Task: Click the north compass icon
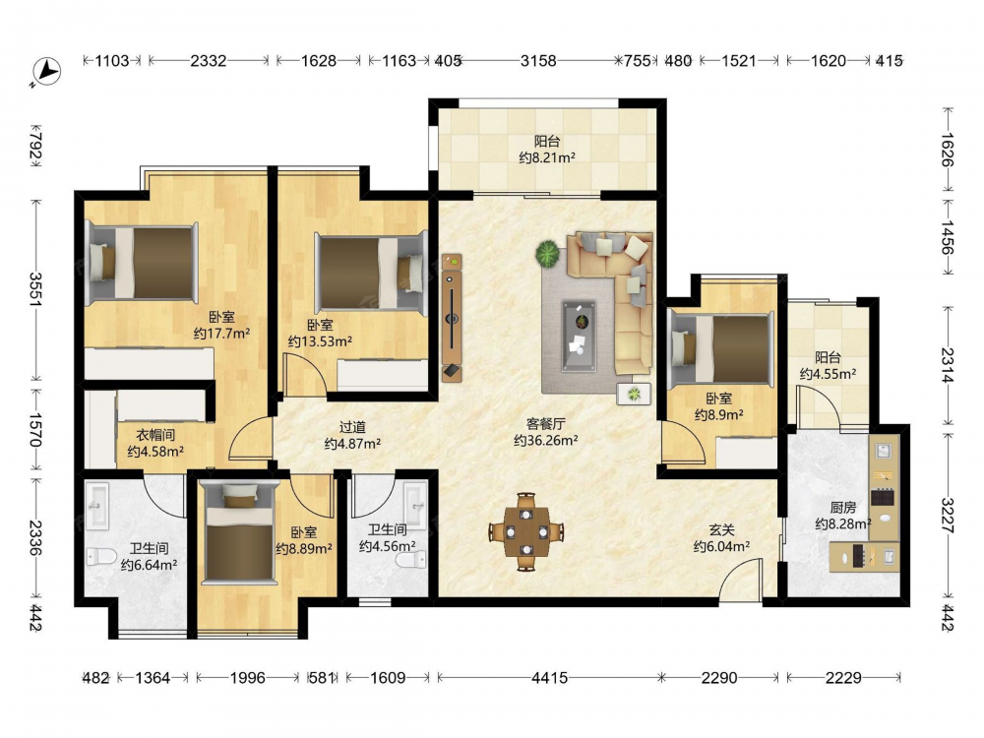pos(46,72)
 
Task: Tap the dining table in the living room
pos(525,532)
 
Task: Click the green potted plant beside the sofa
pos(548,254)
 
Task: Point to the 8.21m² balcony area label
pos(547,157)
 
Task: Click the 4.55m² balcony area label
pos(828,374)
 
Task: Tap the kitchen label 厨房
pos(842,507)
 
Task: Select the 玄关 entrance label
pos(721,530)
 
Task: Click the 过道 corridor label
pos(352,427)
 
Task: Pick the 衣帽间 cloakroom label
pos(155,435)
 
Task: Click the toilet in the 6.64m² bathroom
pos(101,556)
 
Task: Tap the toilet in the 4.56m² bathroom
pos(414,559)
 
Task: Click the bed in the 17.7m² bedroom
pos(142,263)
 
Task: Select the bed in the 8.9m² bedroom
pos(721,349)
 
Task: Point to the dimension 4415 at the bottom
pos(549,678)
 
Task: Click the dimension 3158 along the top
pos(538,61)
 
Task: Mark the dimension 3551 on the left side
pos(35,289)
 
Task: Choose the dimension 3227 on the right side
pos(947,516)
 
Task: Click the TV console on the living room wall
pos(452,318)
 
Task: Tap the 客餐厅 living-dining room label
pos(545,424)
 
